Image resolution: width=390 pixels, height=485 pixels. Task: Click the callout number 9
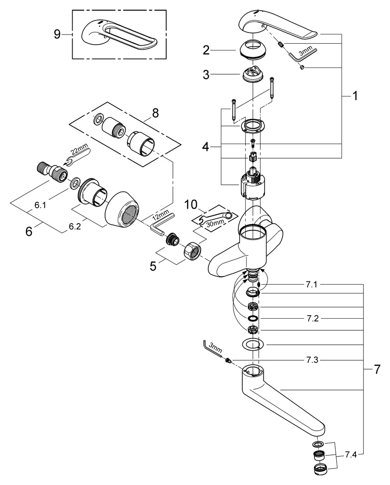57,34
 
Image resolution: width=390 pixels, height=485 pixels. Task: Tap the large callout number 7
376,370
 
